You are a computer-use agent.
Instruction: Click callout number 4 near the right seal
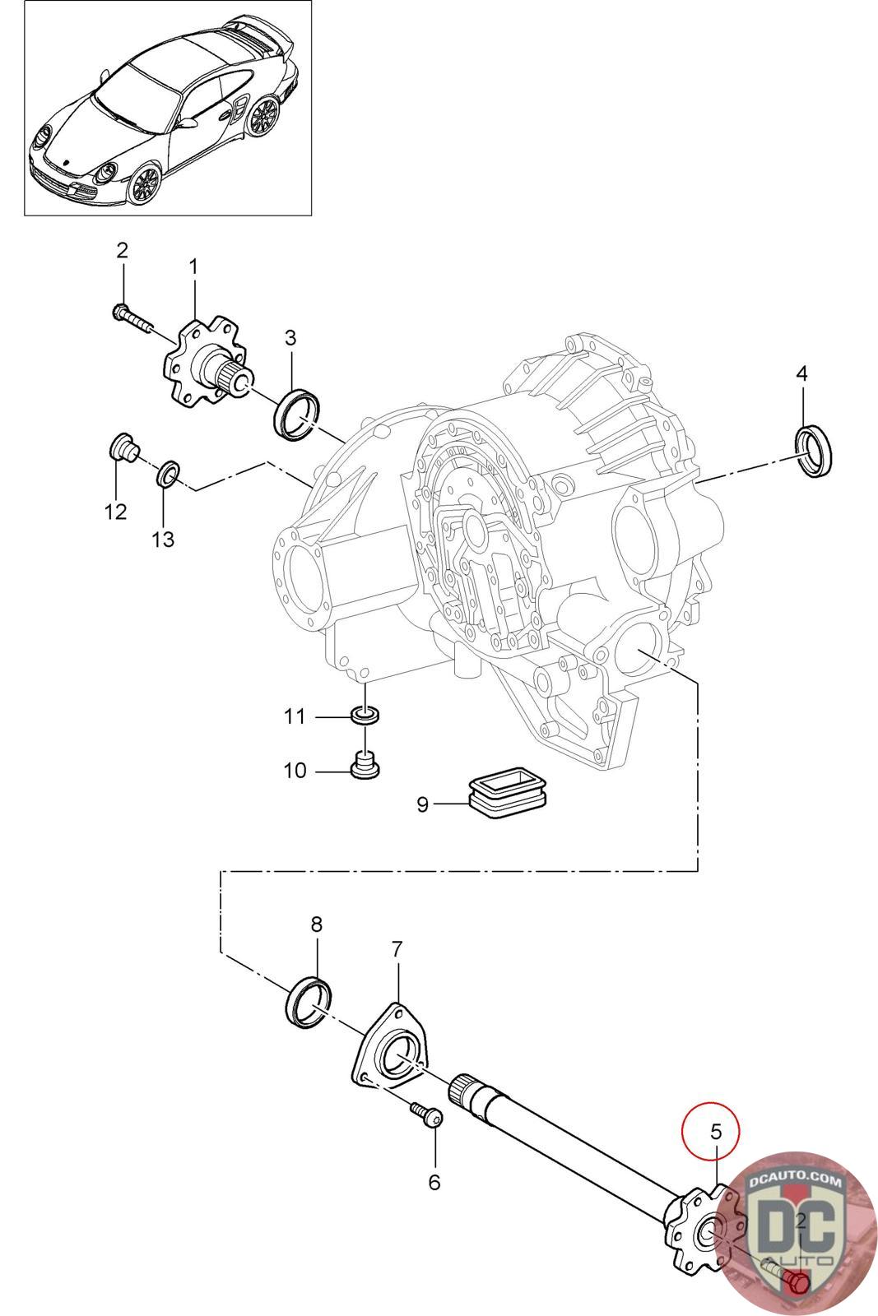pyautogui.click(x=801, y=373)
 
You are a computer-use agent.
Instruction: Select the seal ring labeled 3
pyautogui.click(x=297, y=414)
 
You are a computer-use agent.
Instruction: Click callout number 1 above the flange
pyautogui.click(x=193, y=267)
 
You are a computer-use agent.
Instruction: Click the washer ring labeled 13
pyautogui.click(x=168, y=474)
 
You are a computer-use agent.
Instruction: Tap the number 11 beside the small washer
pyautogui.click(x=295, y=716)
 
